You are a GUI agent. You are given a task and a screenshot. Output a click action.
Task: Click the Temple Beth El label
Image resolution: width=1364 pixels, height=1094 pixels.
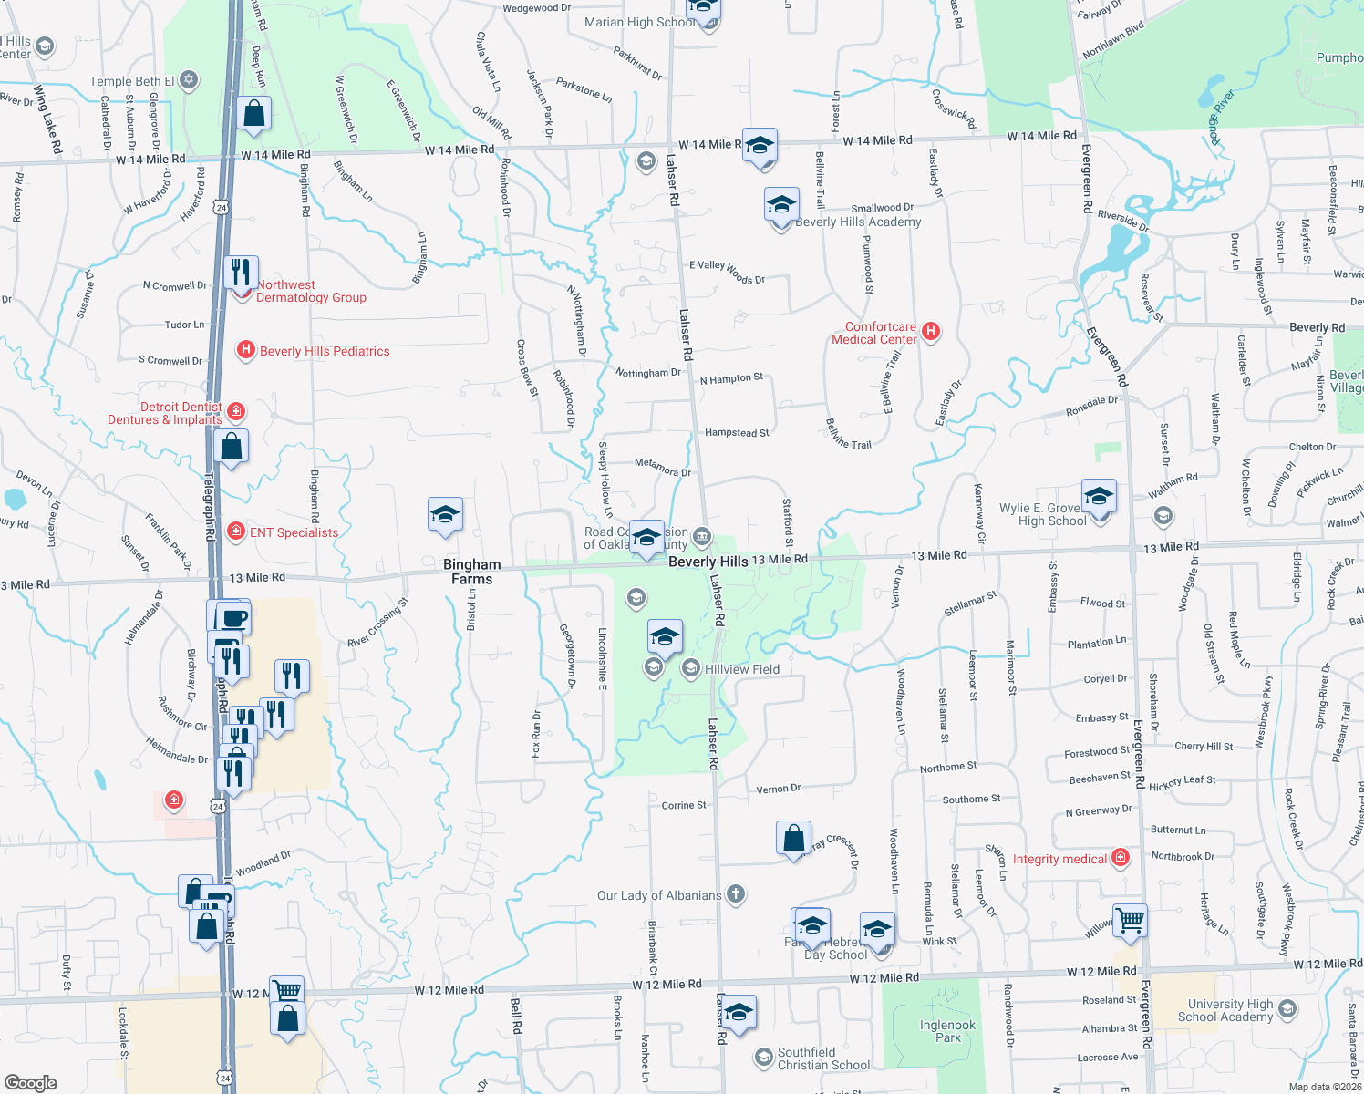[x=132, y=81]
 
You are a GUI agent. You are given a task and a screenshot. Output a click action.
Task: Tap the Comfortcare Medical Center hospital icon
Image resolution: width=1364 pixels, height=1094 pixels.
[x=931, y=331]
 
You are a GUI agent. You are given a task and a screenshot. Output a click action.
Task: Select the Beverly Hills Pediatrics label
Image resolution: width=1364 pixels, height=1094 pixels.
[x=325, y=351]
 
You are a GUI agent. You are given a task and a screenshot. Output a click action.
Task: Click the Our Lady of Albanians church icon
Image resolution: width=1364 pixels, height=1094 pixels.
[x=736, y=894]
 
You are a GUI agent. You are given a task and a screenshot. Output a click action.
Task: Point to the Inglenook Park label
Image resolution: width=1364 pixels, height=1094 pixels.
[x=947, y=1031]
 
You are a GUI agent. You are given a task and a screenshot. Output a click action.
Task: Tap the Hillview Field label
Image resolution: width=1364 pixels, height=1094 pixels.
[x=742, y=669]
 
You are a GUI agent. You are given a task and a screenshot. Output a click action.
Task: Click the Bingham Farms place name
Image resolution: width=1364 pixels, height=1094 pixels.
[x=472, y=572]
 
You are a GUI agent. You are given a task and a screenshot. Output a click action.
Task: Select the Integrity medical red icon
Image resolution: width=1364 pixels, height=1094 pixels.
[x=1121, y=858]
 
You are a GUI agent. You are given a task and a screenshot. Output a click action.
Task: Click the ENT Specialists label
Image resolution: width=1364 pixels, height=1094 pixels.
[x=294, y=532]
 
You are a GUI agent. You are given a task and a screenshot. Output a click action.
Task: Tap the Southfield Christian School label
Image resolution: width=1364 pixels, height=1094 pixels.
[x=823, y=1058]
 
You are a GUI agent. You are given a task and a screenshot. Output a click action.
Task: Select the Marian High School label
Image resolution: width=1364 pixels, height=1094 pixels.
[x=639, y=22]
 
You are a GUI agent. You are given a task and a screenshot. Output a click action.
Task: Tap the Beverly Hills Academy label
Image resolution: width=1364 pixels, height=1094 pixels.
[x=858, y=222]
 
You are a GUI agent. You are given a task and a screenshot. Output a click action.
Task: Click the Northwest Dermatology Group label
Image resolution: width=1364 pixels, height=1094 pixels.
[x=311, y=291]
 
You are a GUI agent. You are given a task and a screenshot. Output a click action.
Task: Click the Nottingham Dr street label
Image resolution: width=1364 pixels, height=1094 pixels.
[x=648, y=373]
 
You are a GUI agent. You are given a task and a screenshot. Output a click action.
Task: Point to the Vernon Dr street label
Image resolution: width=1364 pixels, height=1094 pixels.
[x=778, y=789]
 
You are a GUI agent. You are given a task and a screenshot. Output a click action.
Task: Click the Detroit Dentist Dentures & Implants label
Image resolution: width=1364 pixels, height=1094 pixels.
[x=165, y=413]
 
